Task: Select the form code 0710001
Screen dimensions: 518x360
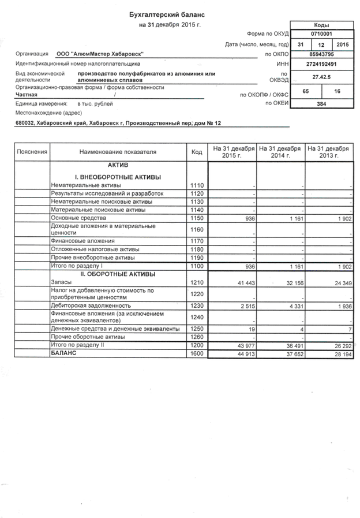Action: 321,33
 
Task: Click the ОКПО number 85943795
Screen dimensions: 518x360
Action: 321,54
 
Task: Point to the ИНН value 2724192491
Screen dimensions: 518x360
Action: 321,64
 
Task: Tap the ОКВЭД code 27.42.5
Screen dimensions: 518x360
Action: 321,76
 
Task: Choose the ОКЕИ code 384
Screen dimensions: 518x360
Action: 321,105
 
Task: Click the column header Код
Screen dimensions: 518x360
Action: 197,152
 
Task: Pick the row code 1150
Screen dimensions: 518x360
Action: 197,219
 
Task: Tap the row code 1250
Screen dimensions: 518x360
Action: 197,329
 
